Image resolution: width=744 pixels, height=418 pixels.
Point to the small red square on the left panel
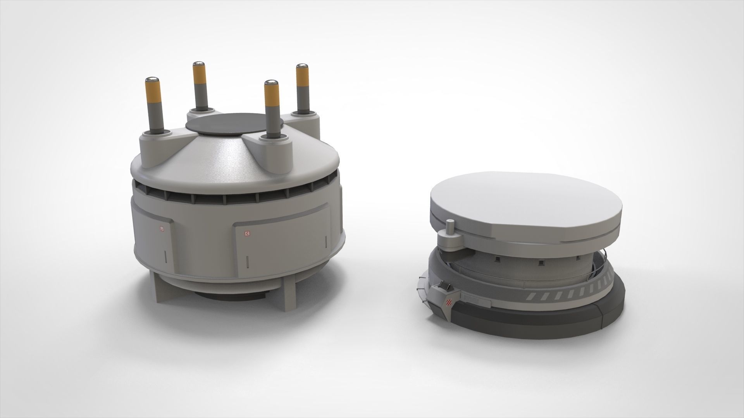coord(162,229)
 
